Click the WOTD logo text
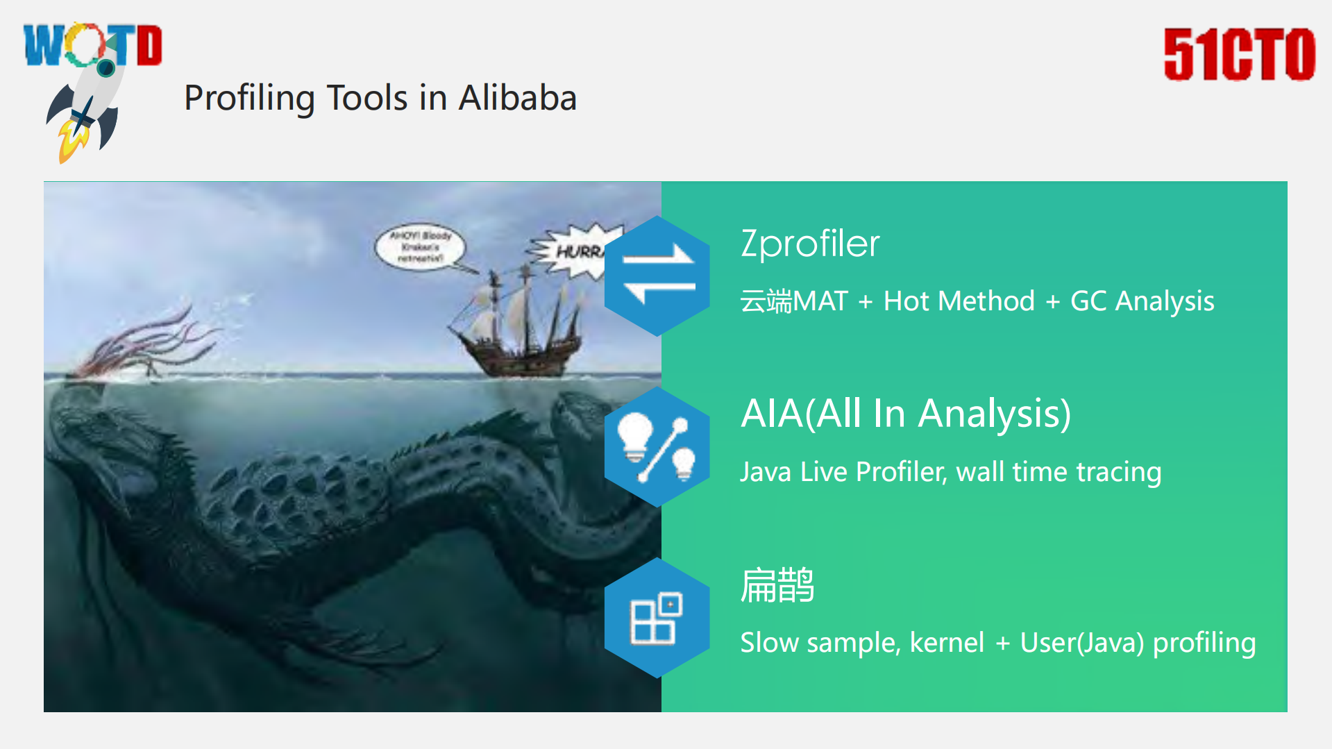pyautogui.click(x=92, y=45)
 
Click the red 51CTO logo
pyautogui.click(x=1239, y=54)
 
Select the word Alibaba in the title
pyautogui.click(x=518, y=98)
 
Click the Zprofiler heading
pyautogui.click(x=810, y=244)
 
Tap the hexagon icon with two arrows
pyautogui.click(x=657, y=276)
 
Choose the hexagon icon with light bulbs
pyautogui.click(x=657, y=446)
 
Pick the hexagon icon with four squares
pyautogui.click(x=657, y=617)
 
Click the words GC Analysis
pyautogui.click(x=1142, y=301)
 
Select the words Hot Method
pyautogui.click(x=959, y=301)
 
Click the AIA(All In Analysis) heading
pyautogui.click(x=906, y=414)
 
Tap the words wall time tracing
pyautogui.click(x=1059, y=472)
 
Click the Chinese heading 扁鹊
pyautogui.click(x=777, y=584)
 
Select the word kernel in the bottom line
pyautogui.click(x=947, y=643)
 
